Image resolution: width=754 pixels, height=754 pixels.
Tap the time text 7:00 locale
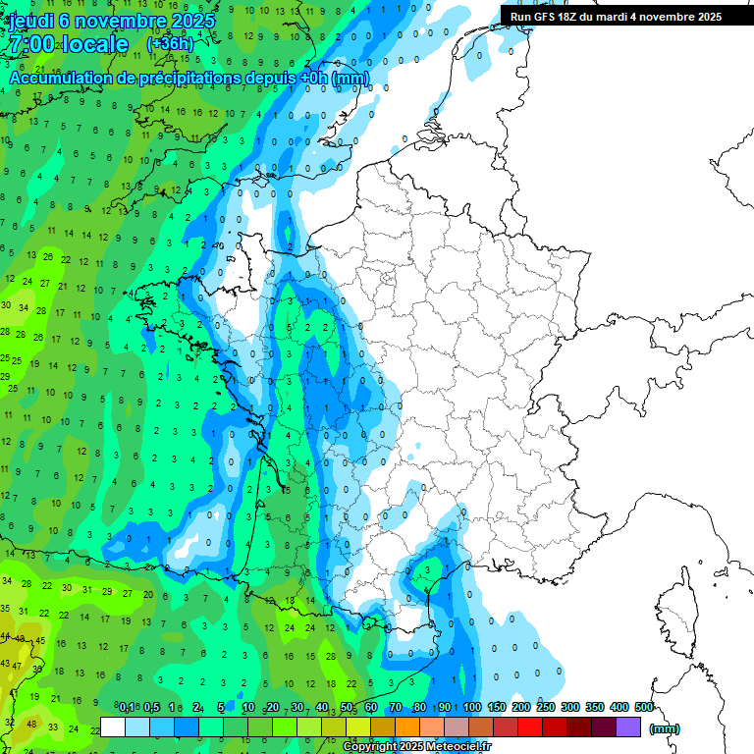coord(68,44)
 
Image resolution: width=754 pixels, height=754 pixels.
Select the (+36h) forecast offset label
coord(170,44)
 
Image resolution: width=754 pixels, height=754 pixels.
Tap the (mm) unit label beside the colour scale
coord(665,728)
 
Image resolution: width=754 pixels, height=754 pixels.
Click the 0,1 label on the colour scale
coord(127,708)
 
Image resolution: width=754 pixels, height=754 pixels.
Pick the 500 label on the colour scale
coord(643,708)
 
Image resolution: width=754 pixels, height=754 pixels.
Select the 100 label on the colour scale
coord(471,708)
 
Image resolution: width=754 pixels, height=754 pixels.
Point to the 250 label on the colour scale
coord(545,708)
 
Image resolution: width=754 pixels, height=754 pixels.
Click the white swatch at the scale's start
coord(113,727)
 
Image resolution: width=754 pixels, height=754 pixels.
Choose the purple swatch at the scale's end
coord(628,727)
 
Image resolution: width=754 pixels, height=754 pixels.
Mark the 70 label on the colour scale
coord(395,708)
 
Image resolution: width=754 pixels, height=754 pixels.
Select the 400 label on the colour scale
coord(619,708)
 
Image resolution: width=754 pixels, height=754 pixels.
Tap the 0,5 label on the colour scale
coord(152,708)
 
